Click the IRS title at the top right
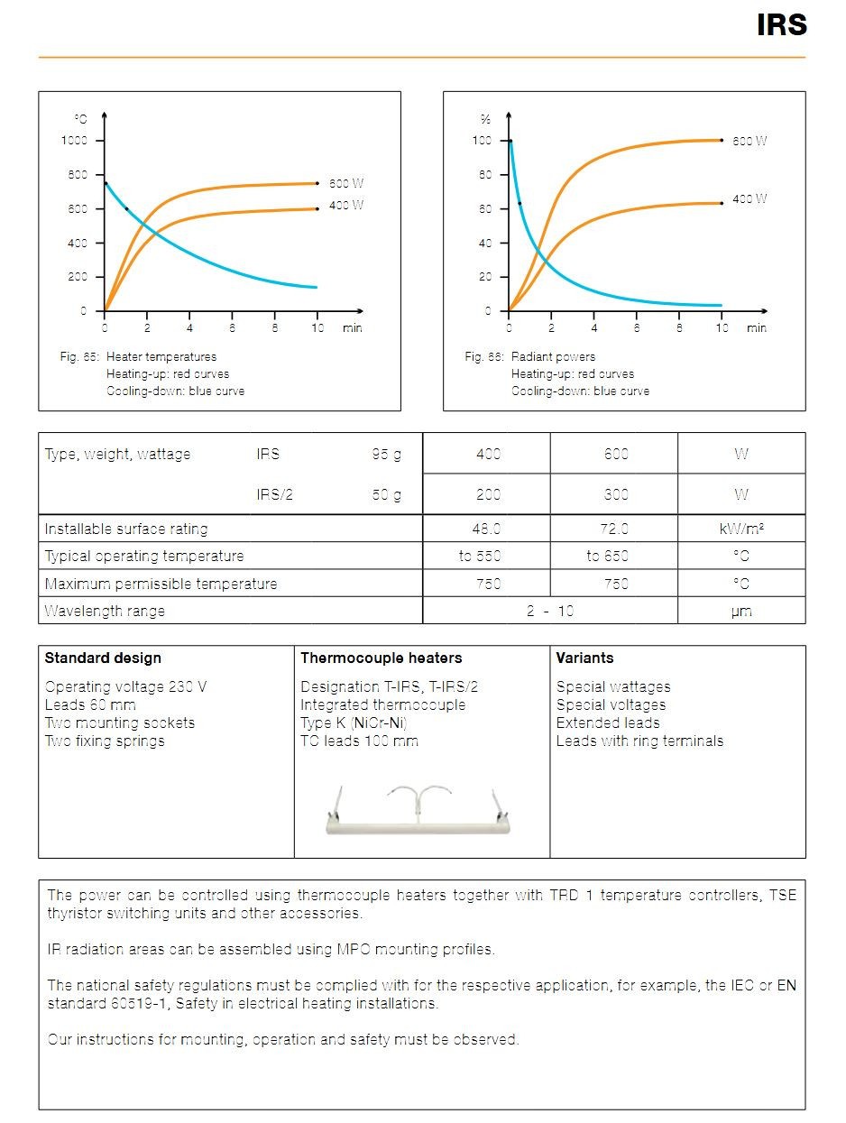pyautogui.click(x=781, y=24)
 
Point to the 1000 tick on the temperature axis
pyautogui.click(x=74, y=140)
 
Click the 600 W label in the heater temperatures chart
pyautogui.click(x=346, y=183)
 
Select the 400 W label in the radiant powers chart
pyautogui.click(x=749, y=198)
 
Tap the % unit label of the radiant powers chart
pyautogui.click(x=485, y=119)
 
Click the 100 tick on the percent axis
pyautogui.click(x=482, y=140)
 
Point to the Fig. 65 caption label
pyautogui.click(x=79, y=356)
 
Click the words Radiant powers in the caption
pyautogui.click(x=553, y=356)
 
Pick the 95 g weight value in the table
pyautogui.click(x=386, y=454)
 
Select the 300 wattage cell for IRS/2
pyautogui.click(x=616, y=494)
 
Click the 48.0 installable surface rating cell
pyautogui.click(x=486, y=528)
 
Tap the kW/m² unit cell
pyautogui.click(x=741, y=528)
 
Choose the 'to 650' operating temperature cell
pyautogui.click(x=607, y=555)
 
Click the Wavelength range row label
pyautogui.click(x=105, y=611)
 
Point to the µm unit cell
pyautogui.click(x=741, y=611)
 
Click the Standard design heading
pyautogui.click(x=103, y=658)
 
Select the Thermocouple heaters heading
pyautogui.click(x=381, y=658)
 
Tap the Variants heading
pyautogui.click(x=584, y=658)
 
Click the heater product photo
pyautogui.click(x=418, y=810)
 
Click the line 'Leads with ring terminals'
pyautogui.click(x=639, y=741)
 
